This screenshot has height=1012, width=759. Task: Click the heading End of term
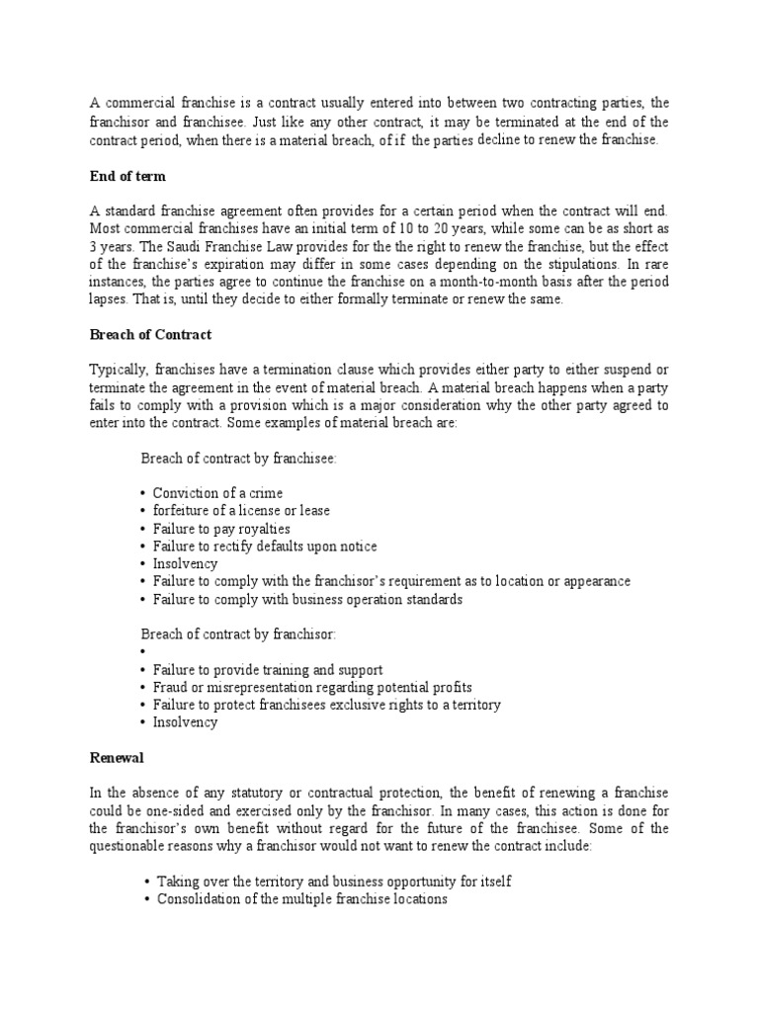(x=126, y=176)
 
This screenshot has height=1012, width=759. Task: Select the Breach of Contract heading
(x=150, y=335)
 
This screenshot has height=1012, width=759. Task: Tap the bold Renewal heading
(x=117, y=757)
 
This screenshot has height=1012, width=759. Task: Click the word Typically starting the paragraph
(x=116, y=370)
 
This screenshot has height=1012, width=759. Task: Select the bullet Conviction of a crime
(x=218, y=493)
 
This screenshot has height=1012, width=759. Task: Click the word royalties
(x=263, y=529)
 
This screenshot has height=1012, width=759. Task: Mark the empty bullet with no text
(x=144, y=652)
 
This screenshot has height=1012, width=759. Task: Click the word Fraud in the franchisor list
(x=170, y=687)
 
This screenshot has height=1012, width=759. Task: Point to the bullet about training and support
(x=268, y=669)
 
